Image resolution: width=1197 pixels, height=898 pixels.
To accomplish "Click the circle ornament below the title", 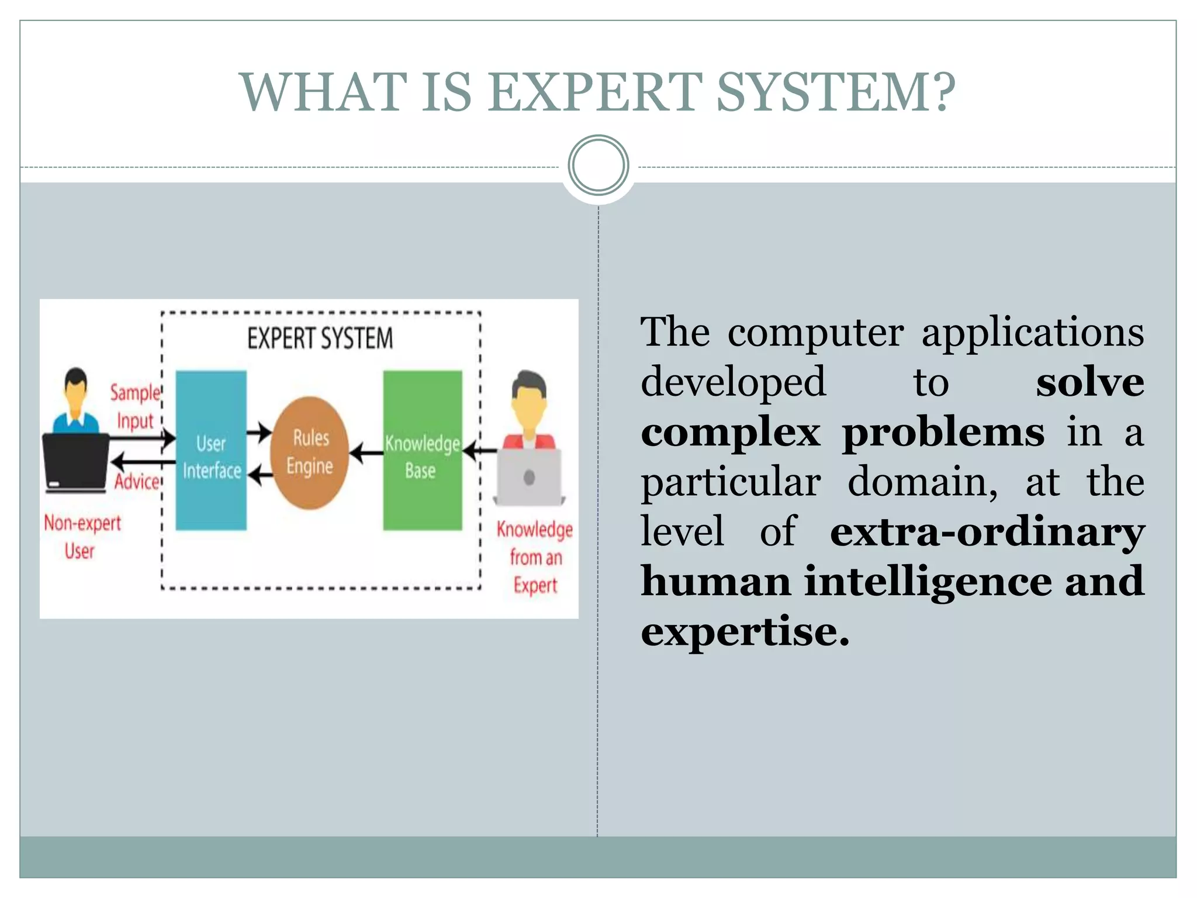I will pyautogui.click(x=598, y=165).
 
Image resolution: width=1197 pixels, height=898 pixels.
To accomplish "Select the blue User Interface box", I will pyautogui.click(x=211, y=451).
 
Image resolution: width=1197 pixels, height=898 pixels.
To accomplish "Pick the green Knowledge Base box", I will pyautogui.click(x=422, y=451).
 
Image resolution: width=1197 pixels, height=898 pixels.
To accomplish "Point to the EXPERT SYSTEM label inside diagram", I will pyautogui.click(x=320, y=339).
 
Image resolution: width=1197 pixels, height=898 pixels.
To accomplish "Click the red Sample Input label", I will pyautogui.click(x=135, y=406).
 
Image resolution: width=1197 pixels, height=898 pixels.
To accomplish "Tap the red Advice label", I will pyautogui.click(x=137, y=482).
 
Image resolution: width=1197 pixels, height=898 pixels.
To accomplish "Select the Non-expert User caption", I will pyautogui.click(x=82, y=537).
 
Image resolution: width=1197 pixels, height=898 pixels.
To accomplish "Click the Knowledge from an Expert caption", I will pyautogui.click(x=535, y=557).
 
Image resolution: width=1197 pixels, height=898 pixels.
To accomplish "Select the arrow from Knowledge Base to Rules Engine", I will pyautogui.click(x=366, y=452).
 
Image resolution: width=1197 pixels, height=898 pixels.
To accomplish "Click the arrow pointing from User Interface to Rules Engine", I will pyautogui.click(x=259, y=433).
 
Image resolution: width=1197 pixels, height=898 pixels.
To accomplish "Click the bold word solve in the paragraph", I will pyautogui.click(x=1089, y=382).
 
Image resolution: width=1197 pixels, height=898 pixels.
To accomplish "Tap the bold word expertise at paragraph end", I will pyautogui.click(x=745, y=631).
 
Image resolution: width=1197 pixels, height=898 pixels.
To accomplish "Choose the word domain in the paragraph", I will pyautogui.click(x=922, y=482).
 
